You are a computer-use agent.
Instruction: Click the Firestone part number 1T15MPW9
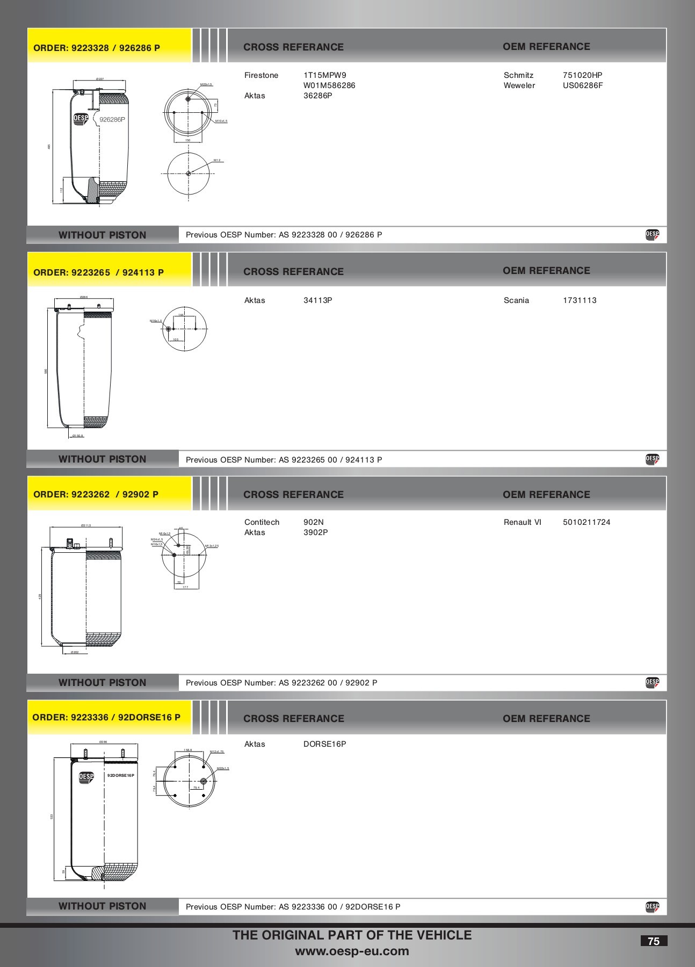click(x=324, y=75)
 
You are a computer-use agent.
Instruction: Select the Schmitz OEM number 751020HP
click(x=582, y=75)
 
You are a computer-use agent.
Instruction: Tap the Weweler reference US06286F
click(x=582, y=85)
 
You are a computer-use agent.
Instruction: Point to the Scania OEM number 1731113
click(x=579, y=300)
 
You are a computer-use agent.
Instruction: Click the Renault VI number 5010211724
click(x=586, y=522)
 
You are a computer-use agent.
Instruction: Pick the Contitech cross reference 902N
click(x=313, y=522)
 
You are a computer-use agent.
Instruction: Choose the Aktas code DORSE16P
click(x=324, y=744)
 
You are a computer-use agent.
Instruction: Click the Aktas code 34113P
click(x=317, y=300)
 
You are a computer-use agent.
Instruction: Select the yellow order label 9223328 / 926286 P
click(x=97, y=48)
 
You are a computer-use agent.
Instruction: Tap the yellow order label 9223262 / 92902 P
click(x=96, y=494)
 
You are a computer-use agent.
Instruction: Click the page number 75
click(x=653, y=941)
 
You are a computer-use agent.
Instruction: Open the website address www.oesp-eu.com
click(x=352, y=951)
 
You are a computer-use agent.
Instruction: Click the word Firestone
click(x=261, y=75)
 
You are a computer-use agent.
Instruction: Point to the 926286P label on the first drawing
click(x=112, y=120)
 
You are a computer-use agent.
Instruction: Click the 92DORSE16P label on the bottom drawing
click(x=120, y=776)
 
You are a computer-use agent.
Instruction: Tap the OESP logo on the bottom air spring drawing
click(x=86, y=777)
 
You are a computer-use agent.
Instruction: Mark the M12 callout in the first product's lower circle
click(x=217, y=160)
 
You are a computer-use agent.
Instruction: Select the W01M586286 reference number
click(x=329, y=85)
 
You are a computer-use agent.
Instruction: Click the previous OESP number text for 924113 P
click(x=284, y=460)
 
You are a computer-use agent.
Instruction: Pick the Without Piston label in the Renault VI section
click(x=102, y=683)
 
